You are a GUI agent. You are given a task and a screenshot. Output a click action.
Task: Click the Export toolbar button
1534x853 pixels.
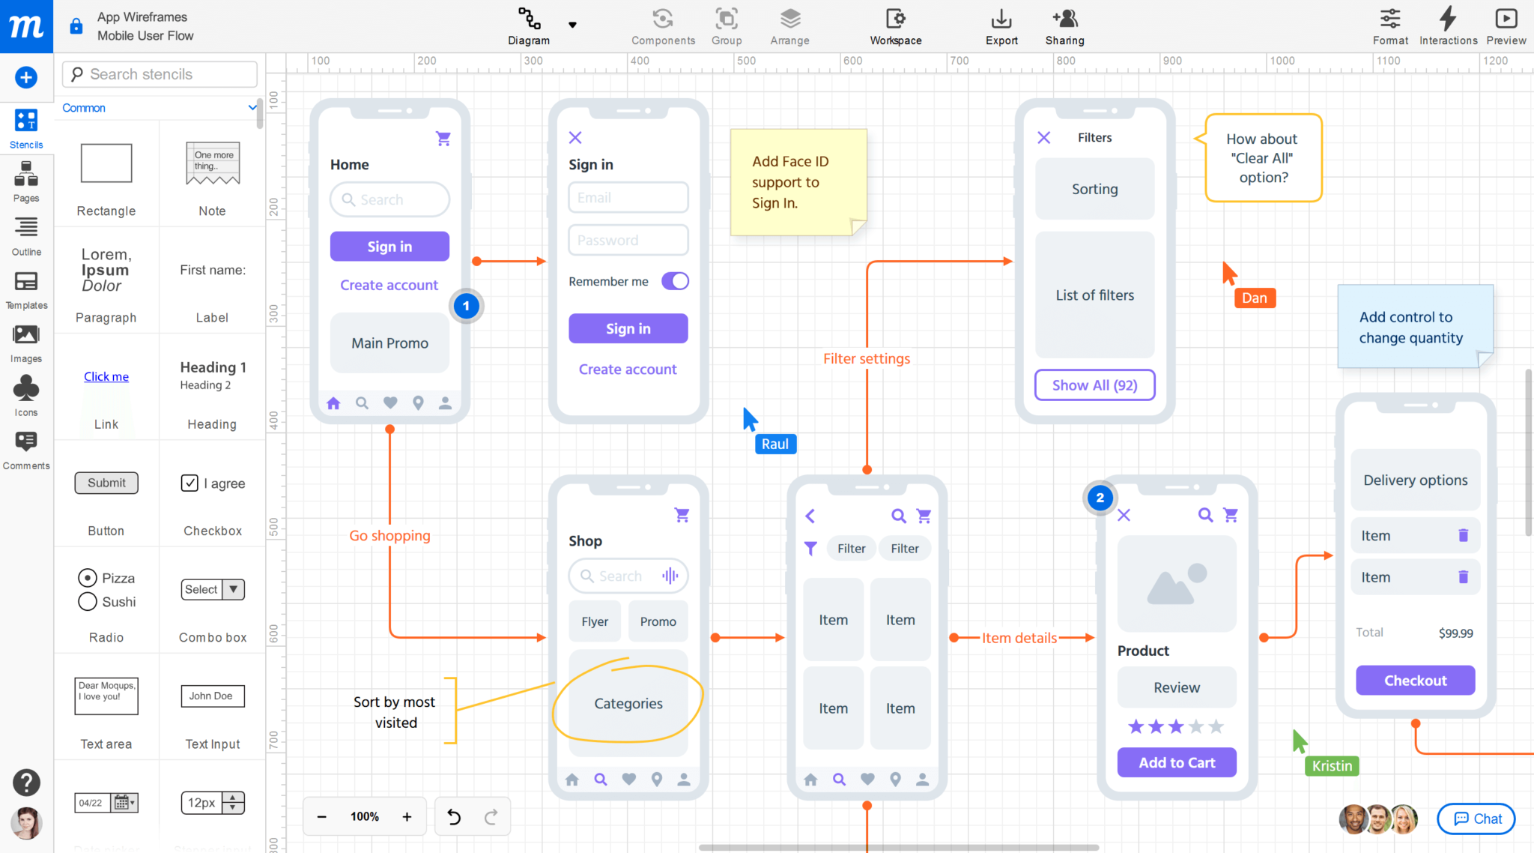(1001, 26)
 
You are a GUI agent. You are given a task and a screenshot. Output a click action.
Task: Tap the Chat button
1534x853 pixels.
(1476, 819)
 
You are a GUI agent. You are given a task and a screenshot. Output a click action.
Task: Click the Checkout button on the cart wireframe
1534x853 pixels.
(1415, 681)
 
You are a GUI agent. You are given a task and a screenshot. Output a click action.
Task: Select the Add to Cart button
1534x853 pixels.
(1176, 762)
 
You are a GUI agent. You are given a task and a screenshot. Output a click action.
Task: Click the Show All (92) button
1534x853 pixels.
(1094, 385)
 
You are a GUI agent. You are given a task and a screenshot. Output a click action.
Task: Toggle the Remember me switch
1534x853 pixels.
(675, 281)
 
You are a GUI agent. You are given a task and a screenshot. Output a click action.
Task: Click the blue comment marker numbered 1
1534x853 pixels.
(466, 306)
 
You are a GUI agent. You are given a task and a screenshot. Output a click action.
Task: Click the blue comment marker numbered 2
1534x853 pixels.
(1100, 498)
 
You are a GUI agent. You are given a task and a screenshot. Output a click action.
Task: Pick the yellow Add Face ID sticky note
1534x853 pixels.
(798, 182)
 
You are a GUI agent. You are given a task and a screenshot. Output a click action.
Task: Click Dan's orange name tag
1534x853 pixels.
(1255, 298)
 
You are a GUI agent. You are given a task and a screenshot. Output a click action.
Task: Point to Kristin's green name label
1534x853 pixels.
(1332, 766)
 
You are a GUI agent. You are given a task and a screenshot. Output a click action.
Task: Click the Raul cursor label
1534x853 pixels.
(775, 444)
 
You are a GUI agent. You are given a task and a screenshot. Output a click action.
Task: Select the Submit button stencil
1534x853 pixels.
(106, 483)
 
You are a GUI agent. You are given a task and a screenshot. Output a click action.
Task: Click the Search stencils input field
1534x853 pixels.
(160, 74)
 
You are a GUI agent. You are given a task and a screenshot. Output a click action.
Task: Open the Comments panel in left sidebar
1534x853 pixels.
(26, 449)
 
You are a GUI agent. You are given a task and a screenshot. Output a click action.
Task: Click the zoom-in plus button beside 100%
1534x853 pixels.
(407, 816)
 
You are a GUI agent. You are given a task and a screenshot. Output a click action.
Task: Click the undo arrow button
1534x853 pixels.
(454, 816)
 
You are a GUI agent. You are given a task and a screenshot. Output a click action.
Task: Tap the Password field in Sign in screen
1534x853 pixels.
(628, 241)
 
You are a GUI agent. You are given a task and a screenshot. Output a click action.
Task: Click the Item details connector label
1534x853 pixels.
(1019, 638)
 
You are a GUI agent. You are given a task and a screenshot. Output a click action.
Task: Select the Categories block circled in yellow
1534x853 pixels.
(628, 703)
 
